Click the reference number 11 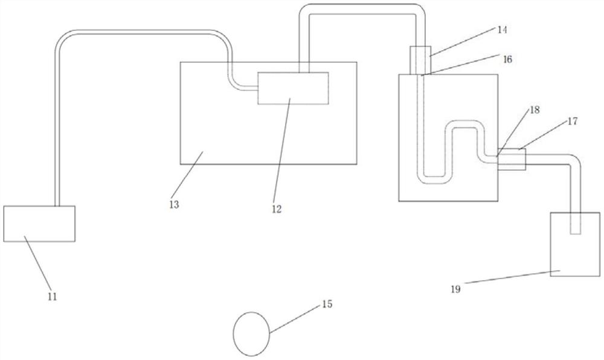pyautogui.click(x=52, y=296)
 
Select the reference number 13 pyautogui.click(x=173, y=204)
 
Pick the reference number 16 pyautogui.click(x=507, y=59)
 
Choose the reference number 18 pyautogui.click(x=535, y=109)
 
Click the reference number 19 pyautogui.click(x=455, y=289)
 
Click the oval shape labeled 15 pyautogui.click(x=251, y=333)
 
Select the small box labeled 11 pyautogui.click(x=39, y=223)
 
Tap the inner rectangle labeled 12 pyautogui.click(x=293, y=88)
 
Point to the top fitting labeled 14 pyautogui.click(x=420, y=60)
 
